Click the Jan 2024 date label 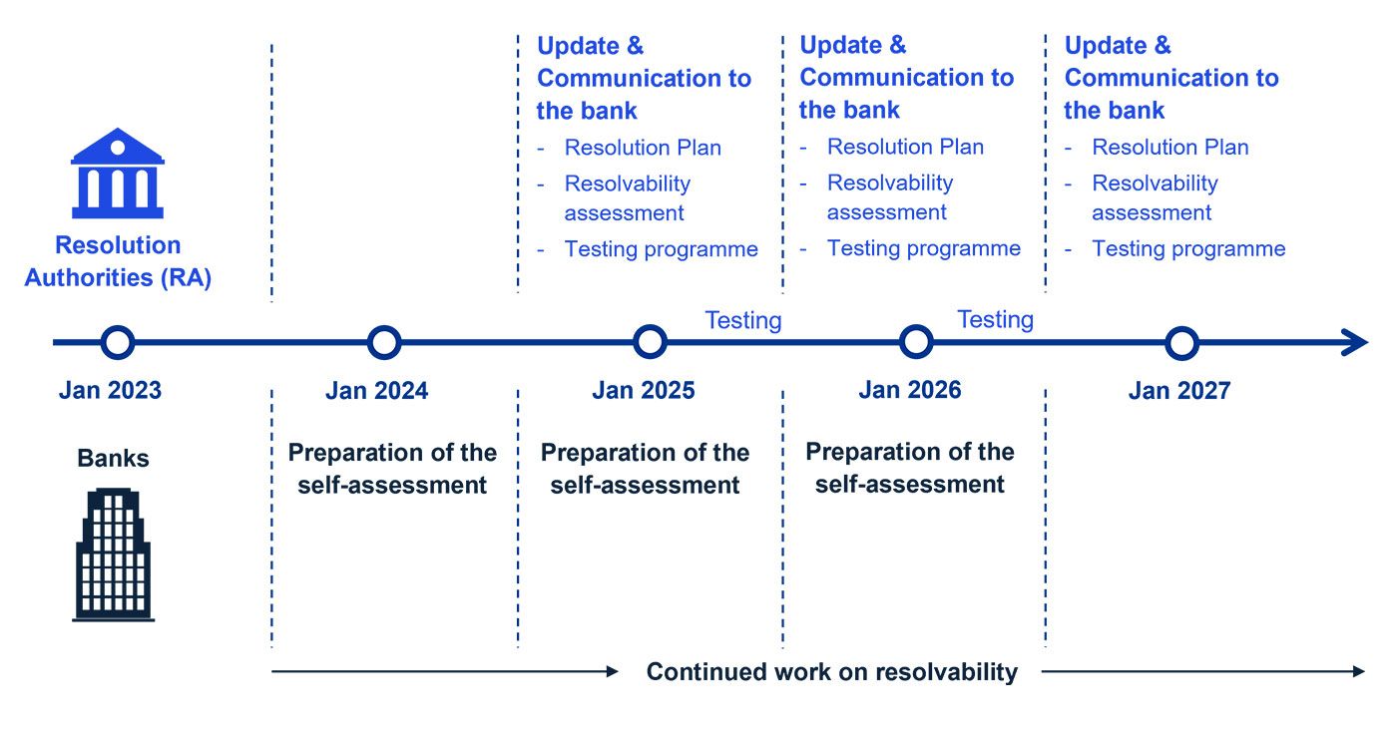(377, 391)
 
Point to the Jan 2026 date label (910, 389)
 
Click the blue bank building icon (118, 174)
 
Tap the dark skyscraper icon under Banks (113, 554)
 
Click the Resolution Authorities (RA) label (118, 261)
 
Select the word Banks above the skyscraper (113, 458)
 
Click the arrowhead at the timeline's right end (1355, 342)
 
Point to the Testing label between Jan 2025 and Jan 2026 (742, 320)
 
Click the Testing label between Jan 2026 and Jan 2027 (996, 319)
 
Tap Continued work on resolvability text (832, 672)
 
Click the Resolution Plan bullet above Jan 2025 (643, 148)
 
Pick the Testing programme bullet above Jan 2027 (1188, 248)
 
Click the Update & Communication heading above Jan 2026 (907, 77)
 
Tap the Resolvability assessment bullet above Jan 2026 (890, 197)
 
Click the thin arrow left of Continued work (445, 671)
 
